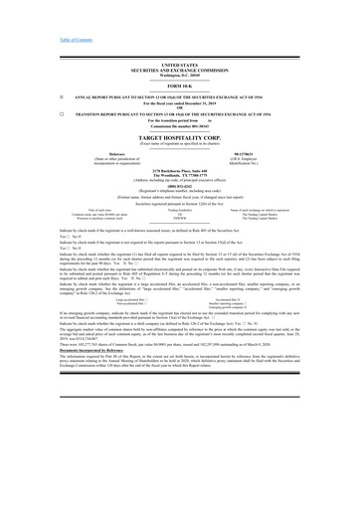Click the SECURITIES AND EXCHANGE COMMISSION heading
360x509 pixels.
tap(180, 69)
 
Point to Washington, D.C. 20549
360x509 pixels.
tap(180, 75)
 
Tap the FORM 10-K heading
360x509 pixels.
tap(180, 86)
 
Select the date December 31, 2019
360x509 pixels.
tap(200, 103)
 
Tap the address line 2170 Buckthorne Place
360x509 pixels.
tap(180, 172)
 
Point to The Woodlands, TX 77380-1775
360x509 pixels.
tap(180, 177)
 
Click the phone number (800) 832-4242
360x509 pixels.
tap(180, 187)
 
